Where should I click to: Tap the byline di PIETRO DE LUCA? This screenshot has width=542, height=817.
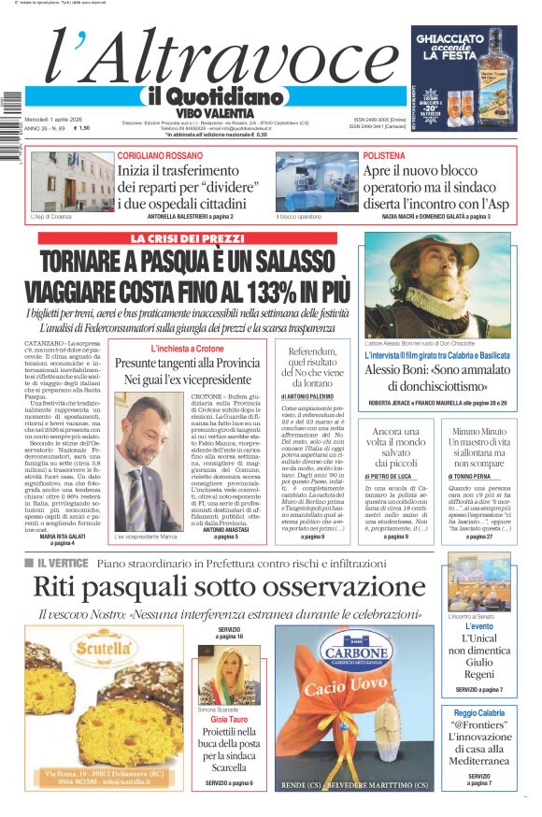[x=394, y=502]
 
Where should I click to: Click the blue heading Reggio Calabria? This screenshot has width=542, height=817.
[x=479, y=712]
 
